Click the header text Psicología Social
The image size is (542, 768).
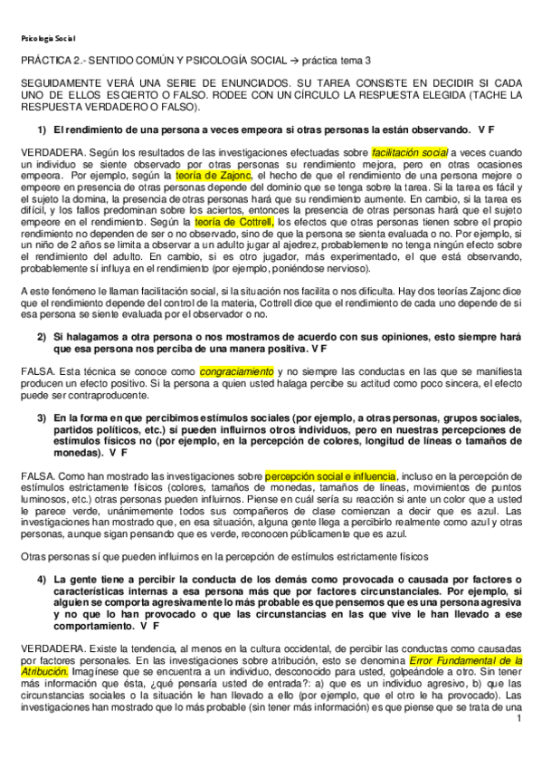coord(47,38)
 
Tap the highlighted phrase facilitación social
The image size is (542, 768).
coord(410,152)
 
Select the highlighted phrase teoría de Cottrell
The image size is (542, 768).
coord(234,220)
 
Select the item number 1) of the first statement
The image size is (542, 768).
coord(42,130)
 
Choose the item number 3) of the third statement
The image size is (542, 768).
coord(42,418)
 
